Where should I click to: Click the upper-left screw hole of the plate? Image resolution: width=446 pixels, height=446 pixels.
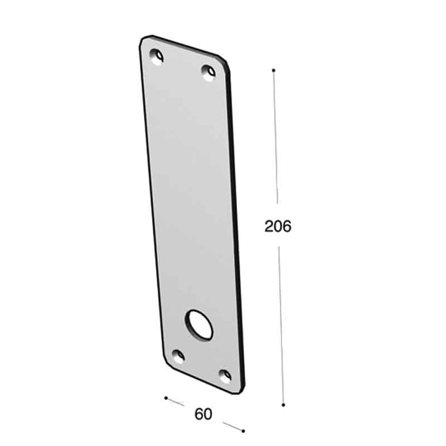pos(157,56)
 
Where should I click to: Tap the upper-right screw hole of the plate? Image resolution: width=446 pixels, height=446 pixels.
pos(208,72)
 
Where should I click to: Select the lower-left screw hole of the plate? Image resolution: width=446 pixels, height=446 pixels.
pos(178,356)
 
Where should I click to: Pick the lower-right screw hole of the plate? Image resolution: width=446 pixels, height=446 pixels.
pos(225,375)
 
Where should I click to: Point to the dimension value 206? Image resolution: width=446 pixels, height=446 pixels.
pos(278,226)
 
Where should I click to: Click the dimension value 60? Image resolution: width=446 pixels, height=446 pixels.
pos(203,414)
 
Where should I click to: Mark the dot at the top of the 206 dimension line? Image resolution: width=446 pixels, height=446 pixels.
pos(274,70)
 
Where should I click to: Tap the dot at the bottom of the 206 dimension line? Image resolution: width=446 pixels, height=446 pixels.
pos(283,405)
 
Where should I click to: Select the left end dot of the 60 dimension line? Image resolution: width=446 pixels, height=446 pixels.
pos(166,398)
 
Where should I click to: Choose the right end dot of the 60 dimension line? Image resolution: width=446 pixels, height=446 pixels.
pos(243,430)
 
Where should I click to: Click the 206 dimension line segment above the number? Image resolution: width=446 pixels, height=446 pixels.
pos(275,139)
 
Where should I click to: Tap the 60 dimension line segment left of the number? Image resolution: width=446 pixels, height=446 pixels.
pos(176,402)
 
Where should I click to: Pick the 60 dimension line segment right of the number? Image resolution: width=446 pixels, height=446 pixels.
pos(233,426)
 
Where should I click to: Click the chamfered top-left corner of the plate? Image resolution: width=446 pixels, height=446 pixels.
pos(144,39)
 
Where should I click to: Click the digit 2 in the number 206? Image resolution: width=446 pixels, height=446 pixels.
pos(269,226)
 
